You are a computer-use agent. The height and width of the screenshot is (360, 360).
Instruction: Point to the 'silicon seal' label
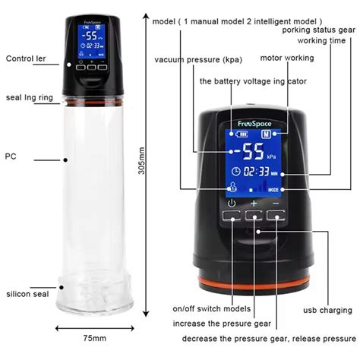27,293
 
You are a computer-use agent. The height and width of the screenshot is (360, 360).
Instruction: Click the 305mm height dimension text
141,172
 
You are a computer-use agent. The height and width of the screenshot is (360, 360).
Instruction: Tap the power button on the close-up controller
231,215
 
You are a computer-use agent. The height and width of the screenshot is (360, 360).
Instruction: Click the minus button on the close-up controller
276,215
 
